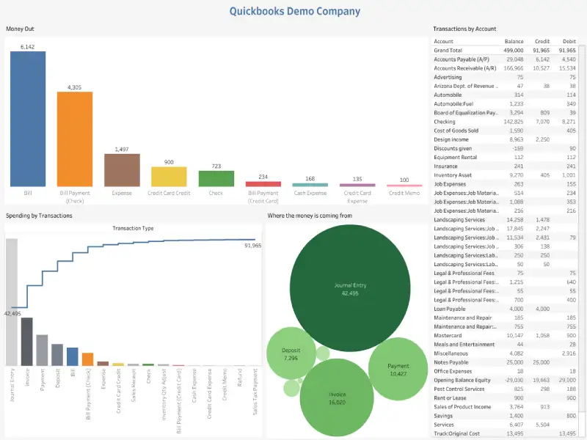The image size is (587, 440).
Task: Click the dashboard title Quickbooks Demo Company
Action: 295,11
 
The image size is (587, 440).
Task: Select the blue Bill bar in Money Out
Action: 27,118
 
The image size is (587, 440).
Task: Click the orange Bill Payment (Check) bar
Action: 75,139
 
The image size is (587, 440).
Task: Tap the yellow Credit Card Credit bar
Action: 169,177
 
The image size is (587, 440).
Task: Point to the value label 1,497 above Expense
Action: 122,149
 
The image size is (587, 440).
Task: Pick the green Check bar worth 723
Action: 216,178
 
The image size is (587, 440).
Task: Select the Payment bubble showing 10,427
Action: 398,369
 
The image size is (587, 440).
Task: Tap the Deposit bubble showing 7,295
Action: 291,354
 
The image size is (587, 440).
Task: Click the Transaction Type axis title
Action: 133,228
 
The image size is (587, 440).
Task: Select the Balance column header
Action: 514,41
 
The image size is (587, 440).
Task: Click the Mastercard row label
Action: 448,335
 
